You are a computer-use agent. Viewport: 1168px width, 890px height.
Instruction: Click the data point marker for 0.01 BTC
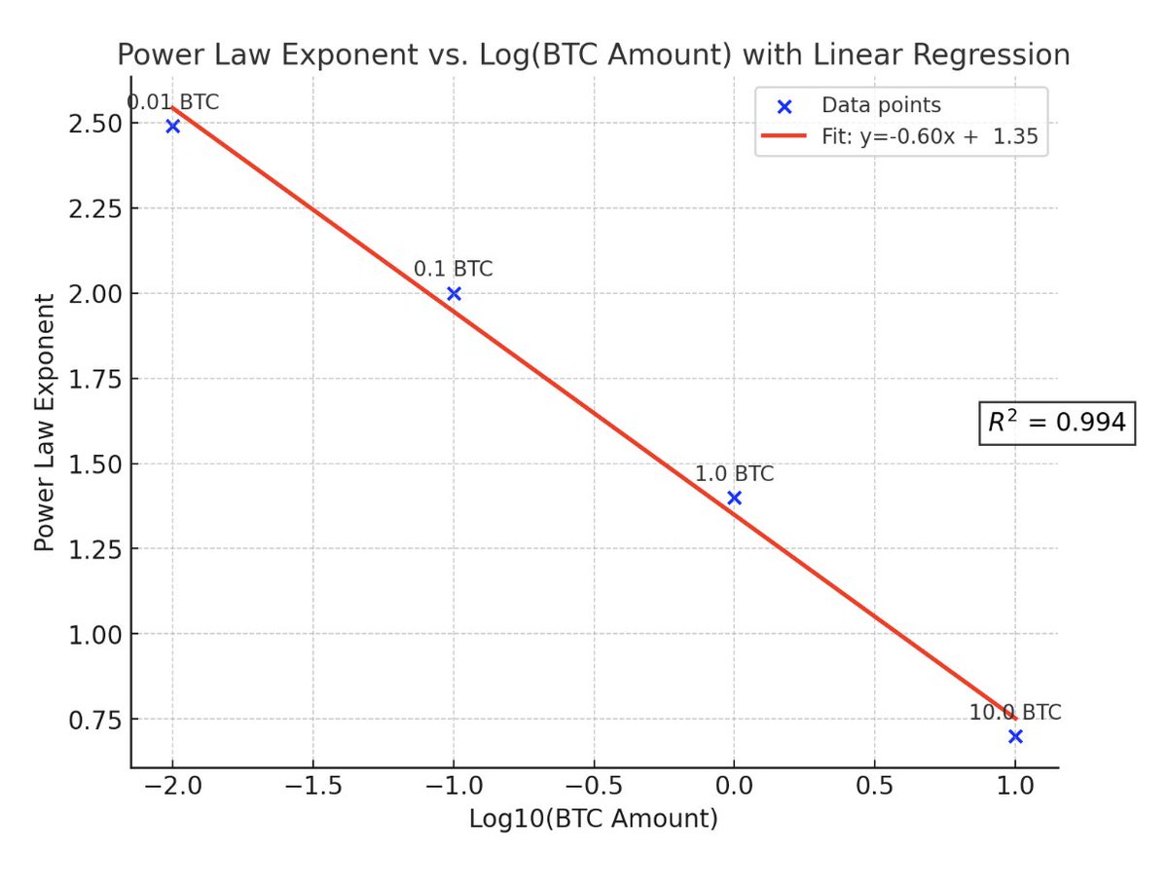click(x=173, y=127)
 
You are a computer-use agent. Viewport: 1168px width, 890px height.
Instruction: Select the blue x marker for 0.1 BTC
click(x=454, y=293)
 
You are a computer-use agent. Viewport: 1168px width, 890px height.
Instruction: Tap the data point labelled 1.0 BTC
click(x=735, y=498)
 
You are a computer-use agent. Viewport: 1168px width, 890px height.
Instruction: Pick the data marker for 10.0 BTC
click(x=1015, y=736)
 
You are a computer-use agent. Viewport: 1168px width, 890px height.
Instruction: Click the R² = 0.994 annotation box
click(x=1057, y=423)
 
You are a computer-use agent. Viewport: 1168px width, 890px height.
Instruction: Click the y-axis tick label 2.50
click(x=94, y=124)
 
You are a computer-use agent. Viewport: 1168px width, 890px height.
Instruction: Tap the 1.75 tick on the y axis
click(x=94, y=379)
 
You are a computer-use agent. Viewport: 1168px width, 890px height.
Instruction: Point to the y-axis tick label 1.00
click(x=94, y=634)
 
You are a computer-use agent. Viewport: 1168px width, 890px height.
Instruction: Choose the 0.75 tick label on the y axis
click(x=94, y=720)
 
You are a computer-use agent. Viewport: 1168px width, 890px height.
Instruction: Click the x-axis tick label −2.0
click(x=172, y=787)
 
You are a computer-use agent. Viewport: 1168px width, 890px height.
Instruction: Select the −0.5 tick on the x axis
click(x=594, y=787)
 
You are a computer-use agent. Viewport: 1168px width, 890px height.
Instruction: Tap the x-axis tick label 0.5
click(x=875, y=787)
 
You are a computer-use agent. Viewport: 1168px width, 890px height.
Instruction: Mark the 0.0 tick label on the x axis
click(x=735, y=787)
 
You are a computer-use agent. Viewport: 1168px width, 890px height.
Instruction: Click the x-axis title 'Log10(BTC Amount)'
click(x=594, y=820)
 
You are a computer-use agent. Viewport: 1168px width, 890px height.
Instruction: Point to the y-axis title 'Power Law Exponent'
click(x=44, y=435)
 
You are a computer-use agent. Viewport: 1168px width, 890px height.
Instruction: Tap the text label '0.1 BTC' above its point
click(x=454, y=269)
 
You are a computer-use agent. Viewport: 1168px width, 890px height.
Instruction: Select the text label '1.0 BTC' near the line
click(x=735, y=474)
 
